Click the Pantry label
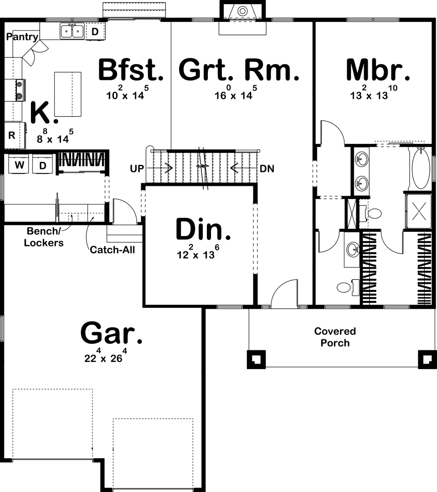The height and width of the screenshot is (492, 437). pos(22,37)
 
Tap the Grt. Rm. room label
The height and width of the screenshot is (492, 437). pos(239,70)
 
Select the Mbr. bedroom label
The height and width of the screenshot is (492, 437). pos(378,70)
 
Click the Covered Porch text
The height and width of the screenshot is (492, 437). pos(335,337)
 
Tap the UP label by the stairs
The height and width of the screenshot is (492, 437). pos(137,168)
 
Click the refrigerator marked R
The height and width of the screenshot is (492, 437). pos(12,135)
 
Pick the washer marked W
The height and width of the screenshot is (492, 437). pos(19,165)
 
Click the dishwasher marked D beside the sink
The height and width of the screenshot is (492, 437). pos(95,31)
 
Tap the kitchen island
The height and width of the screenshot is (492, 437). pos(68,95)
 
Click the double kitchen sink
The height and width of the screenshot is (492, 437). pos(72,31)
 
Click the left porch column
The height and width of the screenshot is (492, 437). pos(256,359)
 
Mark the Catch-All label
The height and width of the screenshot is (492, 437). pos(112,250)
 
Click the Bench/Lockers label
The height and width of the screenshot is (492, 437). pos(44,237)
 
